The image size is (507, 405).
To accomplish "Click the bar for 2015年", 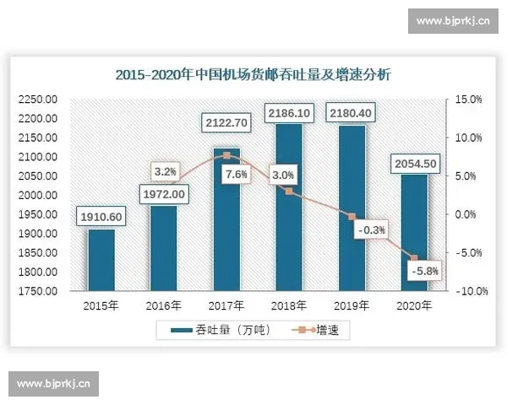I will (101, 262).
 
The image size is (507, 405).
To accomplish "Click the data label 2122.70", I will (226, 123).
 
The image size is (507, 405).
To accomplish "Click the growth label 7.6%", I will (237, 175).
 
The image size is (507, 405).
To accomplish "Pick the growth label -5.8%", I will (423, 271).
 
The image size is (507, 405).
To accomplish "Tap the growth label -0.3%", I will (372, 229).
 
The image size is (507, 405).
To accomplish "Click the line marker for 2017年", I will (226, 155).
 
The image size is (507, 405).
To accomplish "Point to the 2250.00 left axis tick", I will (38, 100).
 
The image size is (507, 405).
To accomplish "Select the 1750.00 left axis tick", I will (38, 291).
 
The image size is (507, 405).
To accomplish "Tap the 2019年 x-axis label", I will (352, 305).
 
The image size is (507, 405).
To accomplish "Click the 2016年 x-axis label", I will (163, 305).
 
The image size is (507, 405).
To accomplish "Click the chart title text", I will (253, 75).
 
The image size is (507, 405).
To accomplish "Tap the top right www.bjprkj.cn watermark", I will (454, 21).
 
